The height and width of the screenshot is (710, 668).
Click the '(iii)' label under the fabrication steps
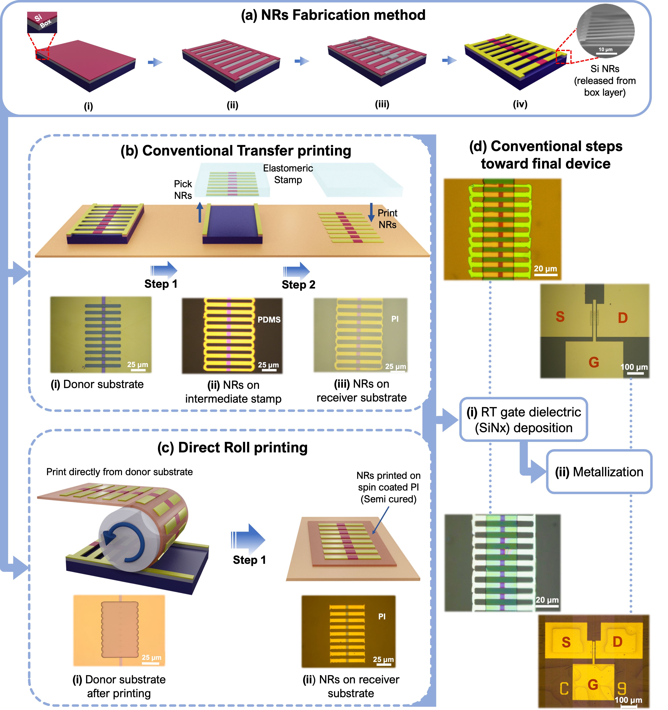(382, 104)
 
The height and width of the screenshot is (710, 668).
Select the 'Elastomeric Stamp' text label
(288, 174)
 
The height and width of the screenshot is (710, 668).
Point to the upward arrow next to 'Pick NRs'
(200, 212)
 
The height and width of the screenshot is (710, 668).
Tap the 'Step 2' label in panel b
(298, 285)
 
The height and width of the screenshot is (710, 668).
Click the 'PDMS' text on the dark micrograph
(269, 320)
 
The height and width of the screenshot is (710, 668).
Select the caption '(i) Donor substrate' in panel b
(97, 384)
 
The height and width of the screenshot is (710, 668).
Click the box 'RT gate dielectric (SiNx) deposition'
(524, 420)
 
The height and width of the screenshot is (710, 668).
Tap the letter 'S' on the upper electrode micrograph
(560, 317)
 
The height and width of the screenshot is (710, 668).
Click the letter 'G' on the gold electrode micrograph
(593, 685)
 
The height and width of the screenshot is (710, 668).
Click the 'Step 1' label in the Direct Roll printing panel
(249, 560)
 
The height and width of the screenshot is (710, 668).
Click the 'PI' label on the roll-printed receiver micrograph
(382, 616)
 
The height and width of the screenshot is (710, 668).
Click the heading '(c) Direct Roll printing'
(232, 448)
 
